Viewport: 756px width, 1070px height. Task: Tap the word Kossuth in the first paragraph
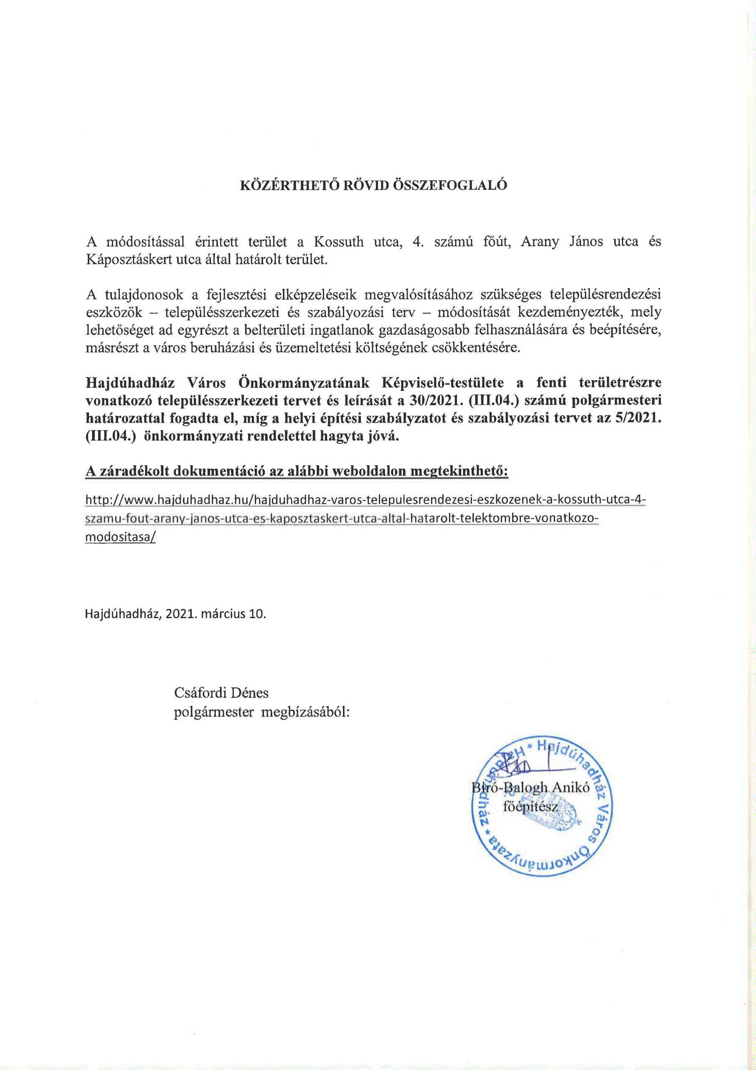(x=338, y=242)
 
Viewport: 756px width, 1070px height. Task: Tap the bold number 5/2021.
(x=639, y=418)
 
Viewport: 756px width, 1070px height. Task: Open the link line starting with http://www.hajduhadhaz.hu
(x=365, y=500)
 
